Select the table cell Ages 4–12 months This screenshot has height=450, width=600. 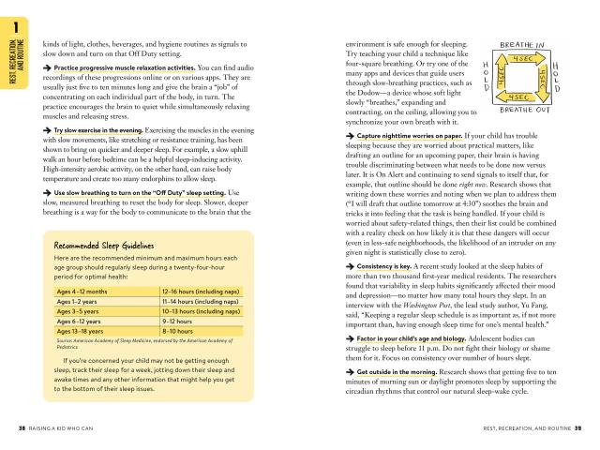tap(79, 292)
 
